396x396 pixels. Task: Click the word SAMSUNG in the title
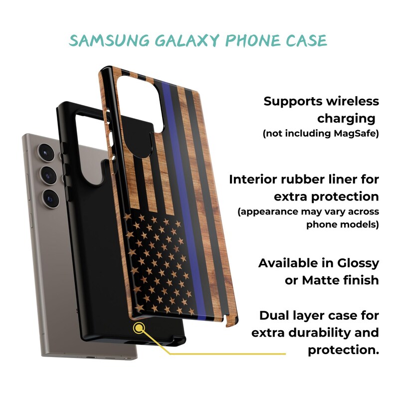pos(109,40)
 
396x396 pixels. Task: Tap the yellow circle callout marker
pos(139,328)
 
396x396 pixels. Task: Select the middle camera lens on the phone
pos(48,175)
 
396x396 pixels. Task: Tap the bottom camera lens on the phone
pos(51,198)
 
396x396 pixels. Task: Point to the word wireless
pos(353,101)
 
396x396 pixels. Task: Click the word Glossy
pos(358,264)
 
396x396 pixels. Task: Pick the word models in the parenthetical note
pos(362,224)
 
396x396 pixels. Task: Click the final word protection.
pos(344,350)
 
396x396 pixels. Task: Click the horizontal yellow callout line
pos(227,354)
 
